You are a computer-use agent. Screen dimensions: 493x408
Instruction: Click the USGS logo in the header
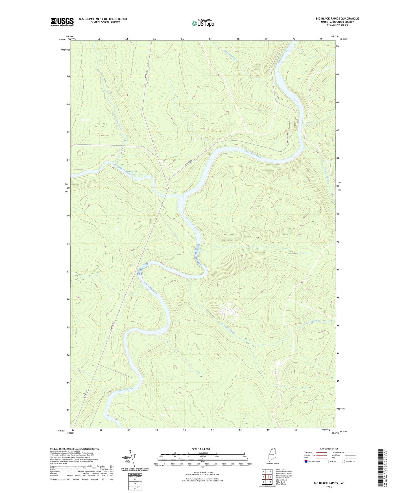(x=62, y=22)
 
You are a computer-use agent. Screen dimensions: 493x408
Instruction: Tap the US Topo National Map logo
(x=203, y=23)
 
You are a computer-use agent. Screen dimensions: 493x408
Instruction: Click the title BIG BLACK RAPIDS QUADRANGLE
(x=337, y=19)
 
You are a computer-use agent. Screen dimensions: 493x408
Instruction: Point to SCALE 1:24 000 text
(x=201, y=449)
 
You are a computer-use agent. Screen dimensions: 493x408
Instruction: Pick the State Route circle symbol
(x=343, y=462)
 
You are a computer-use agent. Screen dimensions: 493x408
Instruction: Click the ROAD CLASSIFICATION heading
(x=329, y=449)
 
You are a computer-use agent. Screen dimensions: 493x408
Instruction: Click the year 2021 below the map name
(x=329, y=487)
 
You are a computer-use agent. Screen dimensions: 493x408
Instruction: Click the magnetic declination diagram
(x=134, y=457)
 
